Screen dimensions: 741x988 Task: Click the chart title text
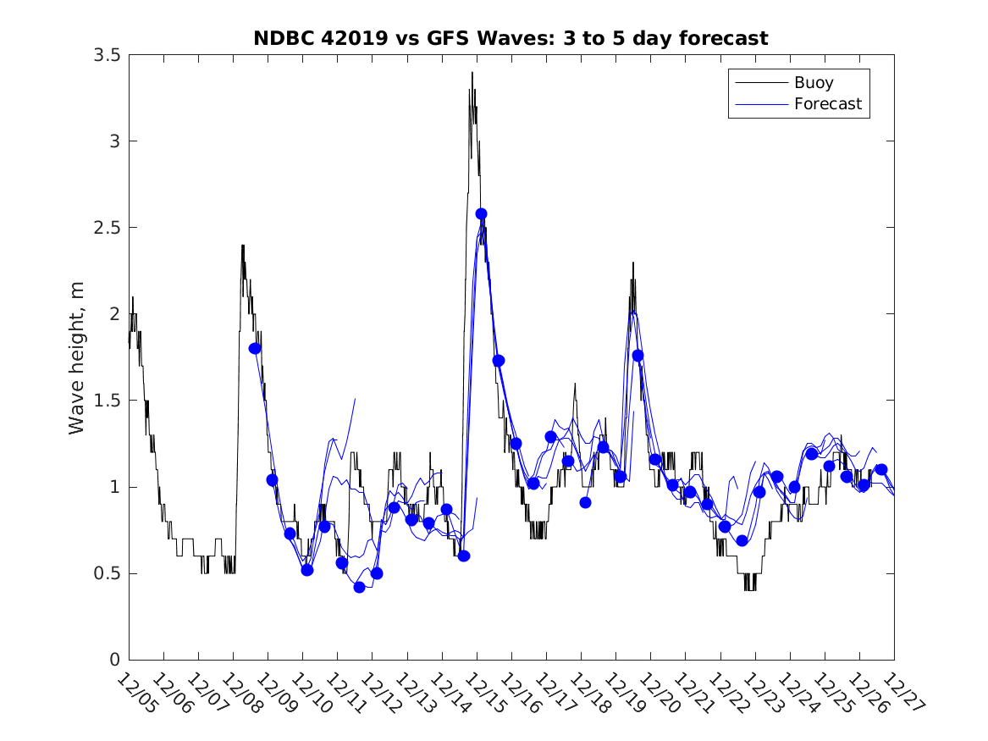pos(511,38)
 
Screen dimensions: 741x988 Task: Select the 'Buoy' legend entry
pos(813,83)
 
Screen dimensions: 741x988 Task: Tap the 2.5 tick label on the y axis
pos(108,228)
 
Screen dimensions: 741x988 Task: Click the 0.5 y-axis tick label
pos(108,573)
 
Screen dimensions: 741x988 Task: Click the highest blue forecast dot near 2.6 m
pos(481,213)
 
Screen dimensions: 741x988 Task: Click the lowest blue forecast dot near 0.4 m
pos(359,587)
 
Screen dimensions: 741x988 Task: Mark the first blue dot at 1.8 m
pos(255,348)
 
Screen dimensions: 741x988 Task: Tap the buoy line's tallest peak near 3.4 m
pos(472,74)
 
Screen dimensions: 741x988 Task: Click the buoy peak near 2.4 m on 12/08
pos(242,246)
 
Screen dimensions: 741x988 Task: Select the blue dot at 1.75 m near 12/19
pos(638,355)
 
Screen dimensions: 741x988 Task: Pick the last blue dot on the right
pos(880,469)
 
